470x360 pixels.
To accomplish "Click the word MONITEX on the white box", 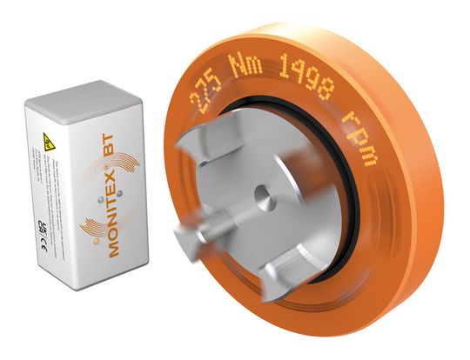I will (100, 217).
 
